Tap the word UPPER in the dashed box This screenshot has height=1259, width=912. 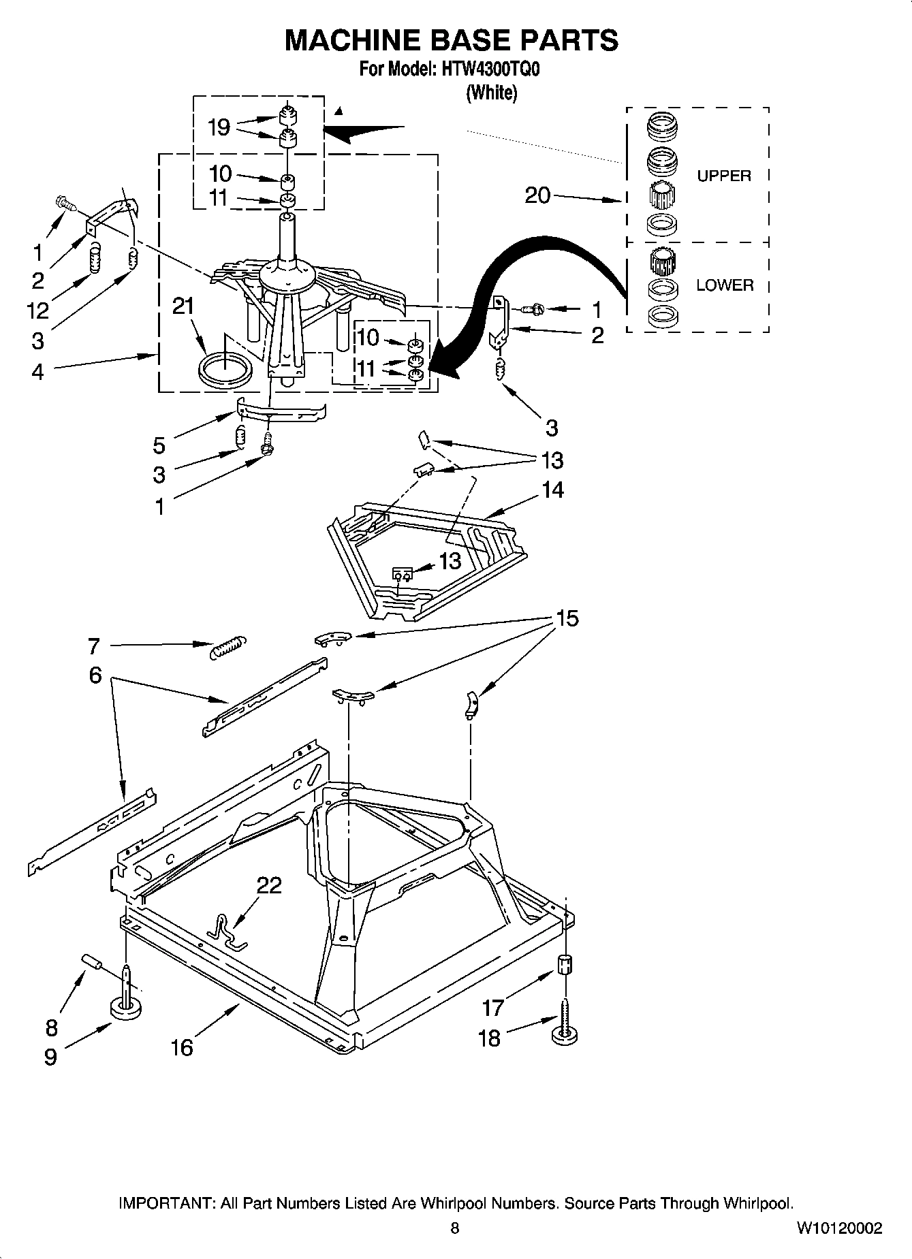pos(723,176)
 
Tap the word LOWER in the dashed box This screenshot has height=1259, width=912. pos(725,285)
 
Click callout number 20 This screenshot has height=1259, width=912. pos(537,195)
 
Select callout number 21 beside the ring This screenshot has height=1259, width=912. pos(183,306)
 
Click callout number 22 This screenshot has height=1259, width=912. pos(269,885)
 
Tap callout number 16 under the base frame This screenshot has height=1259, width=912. pos(182,1047)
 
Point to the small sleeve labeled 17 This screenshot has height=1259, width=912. pos(565,965)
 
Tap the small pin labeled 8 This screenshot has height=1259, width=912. pos(91,962)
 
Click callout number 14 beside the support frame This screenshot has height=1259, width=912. pos(552,490)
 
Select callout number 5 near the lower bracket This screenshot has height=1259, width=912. pos(159,446)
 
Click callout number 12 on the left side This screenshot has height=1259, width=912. pos(37,310)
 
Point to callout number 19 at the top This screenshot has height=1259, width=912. pos(219,127)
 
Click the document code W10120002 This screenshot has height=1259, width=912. pos(839,1228)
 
